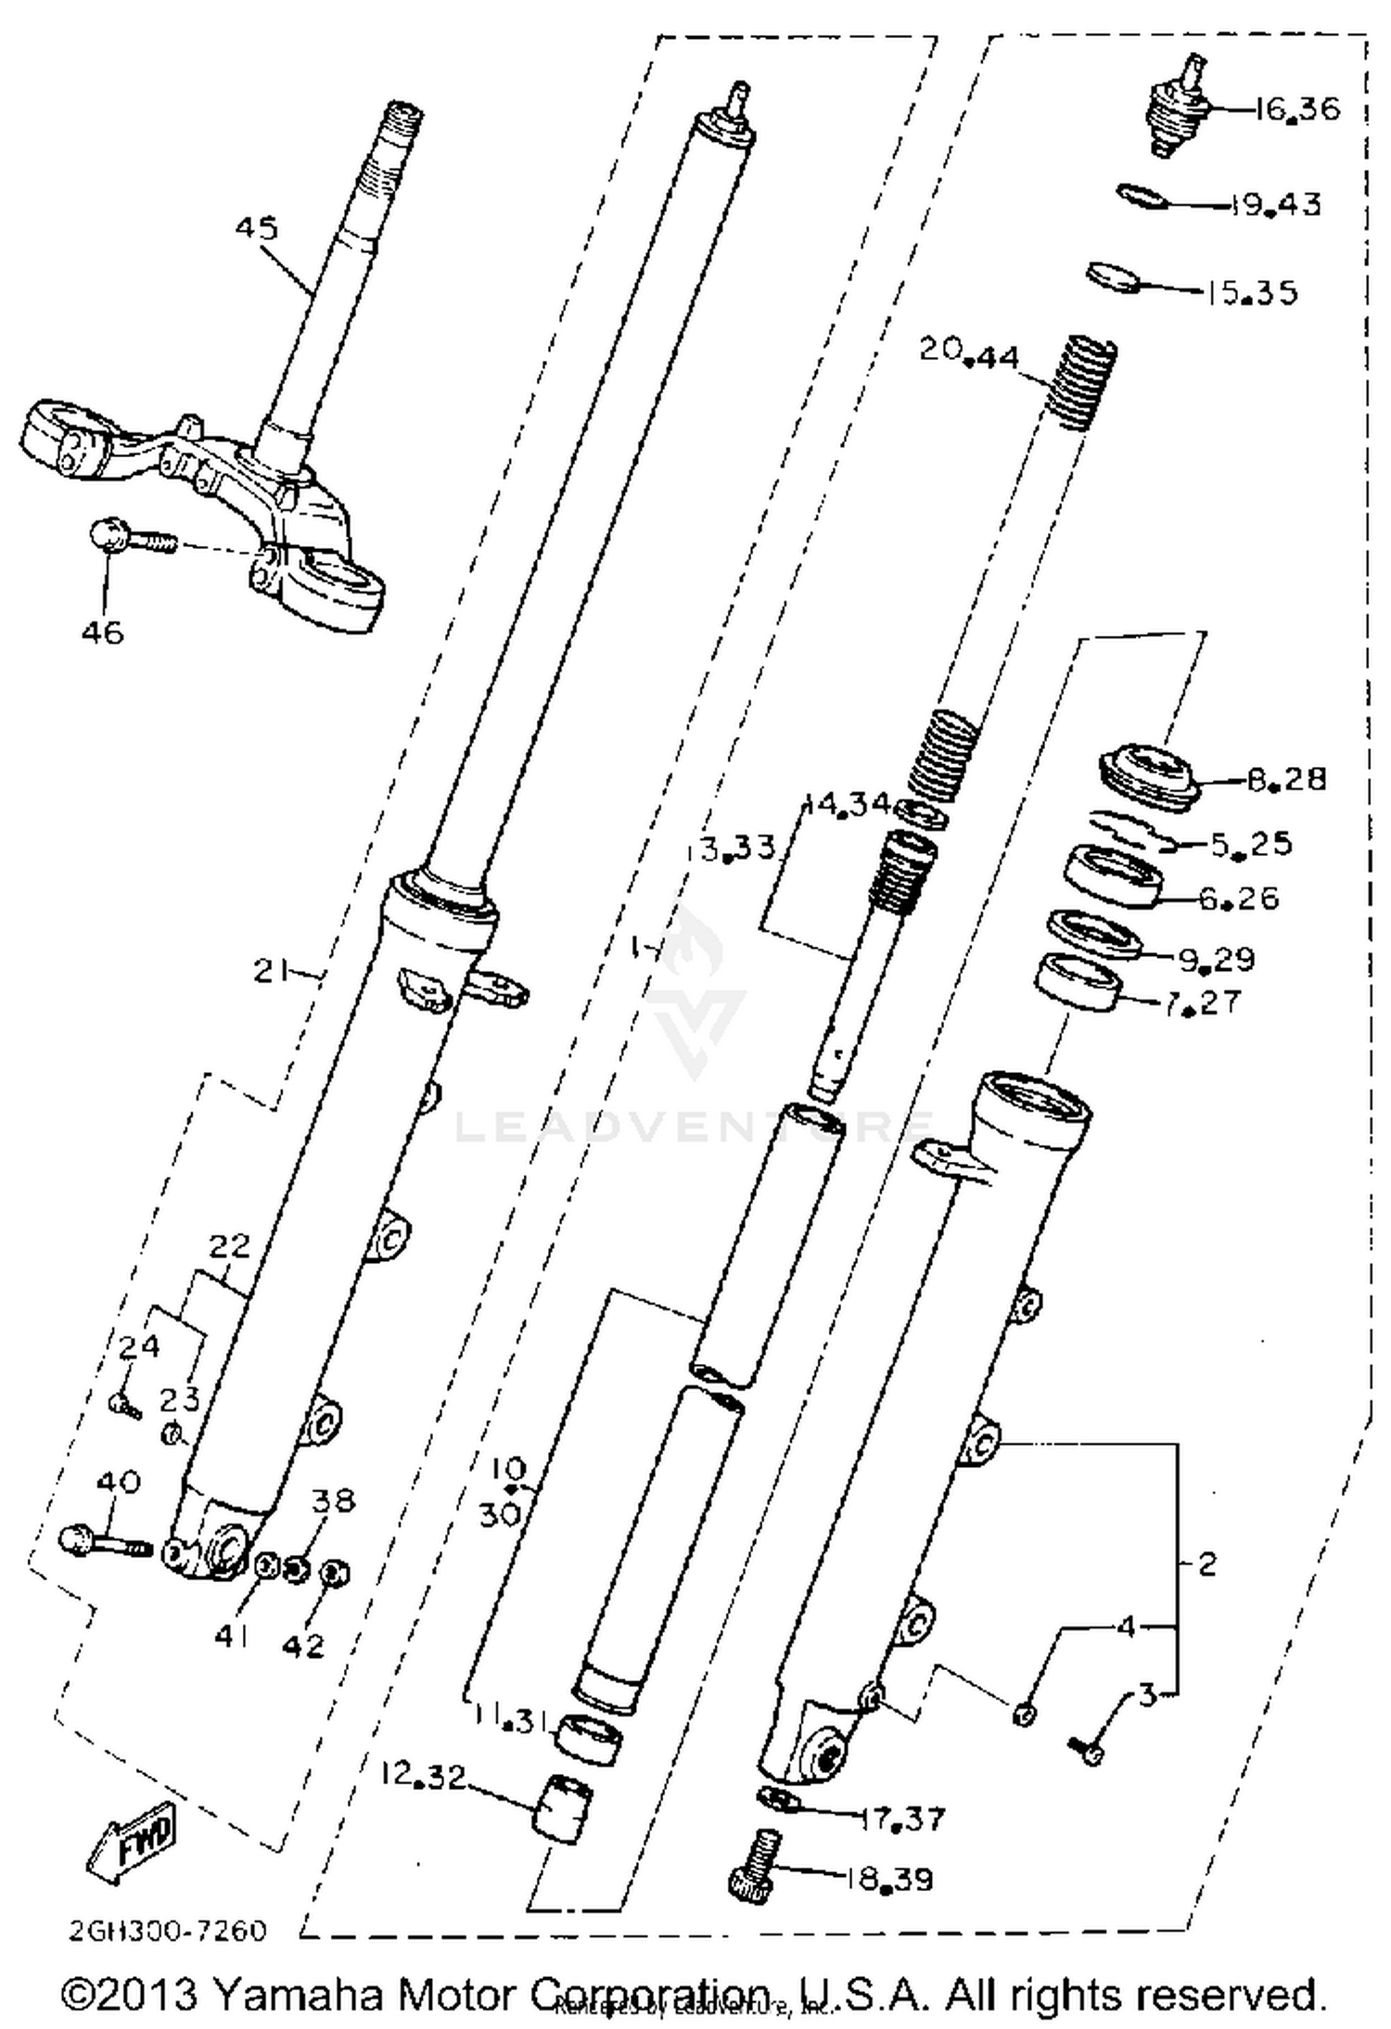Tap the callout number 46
pyautogui.click(x=102, y=632)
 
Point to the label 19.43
pyautogui.click(x=1276, y=204)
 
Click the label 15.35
pyautogui.click(x=1252, y=293)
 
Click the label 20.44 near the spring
pyautogui.click(x=969, y=353)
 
